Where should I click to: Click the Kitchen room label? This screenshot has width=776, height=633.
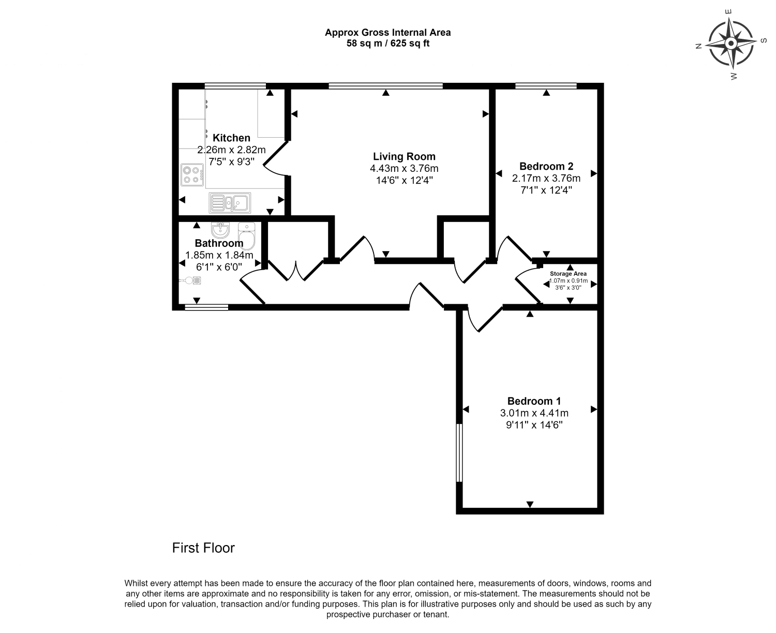(x=231, y=138)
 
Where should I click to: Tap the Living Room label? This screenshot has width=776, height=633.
(x=404, y=156)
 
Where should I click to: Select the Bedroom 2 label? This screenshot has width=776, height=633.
(x=546, y=166)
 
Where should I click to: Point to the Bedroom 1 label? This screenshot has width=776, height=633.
(x=534, y=401)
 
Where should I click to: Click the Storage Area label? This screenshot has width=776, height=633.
(x=568, y=274)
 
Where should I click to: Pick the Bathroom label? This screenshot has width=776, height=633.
(x=219, y=243)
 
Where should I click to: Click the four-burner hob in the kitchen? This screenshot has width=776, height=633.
(x=192, y=174)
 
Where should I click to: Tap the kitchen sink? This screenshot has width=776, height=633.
(x=229, y=202)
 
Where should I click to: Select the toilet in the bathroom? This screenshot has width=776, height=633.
(x=247, y=235)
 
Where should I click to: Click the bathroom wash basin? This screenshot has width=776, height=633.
(x=220, y=229)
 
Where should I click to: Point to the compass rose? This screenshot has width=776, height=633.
(x=730, y=43)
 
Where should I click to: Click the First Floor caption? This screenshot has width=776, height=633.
(x=203, y=548)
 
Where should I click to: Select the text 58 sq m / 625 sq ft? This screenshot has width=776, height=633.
(x=387, y=43)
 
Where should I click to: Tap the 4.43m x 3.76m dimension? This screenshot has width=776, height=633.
(x=404, y=168)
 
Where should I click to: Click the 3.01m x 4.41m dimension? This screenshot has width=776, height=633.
(x=534, y=413)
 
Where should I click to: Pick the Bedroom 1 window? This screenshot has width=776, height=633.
(x=458, y=453)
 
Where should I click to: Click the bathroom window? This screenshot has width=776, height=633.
(x=206, y=307)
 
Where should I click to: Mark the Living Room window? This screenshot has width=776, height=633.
(x=385, y=86)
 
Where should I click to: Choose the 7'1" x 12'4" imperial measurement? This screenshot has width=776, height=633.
(x=546, y=190)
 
